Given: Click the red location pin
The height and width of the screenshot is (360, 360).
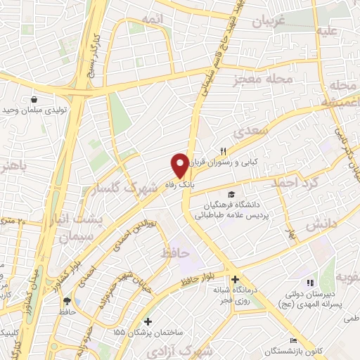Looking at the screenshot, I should click(181, 165).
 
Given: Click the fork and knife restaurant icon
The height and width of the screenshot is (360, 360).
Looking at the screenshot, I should click(224, 150).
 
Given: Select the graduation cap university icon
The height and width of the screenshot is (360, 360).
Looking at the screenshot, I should click(231, 194).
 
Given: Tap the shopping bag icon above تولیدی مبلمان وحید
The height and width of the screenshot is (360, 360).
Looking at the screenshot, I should click(33, 100).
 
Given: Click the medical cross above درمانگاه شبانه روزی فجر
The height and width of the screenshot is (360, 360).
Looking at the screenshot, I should click(235, 279).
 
